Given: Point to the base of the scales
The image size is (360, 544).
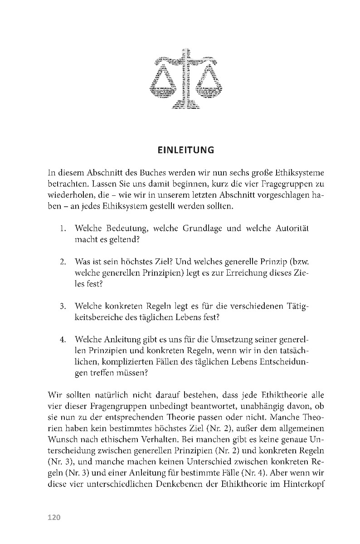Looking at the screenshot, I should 186,107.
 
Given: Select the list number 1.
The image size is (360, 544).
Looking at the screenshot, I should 64,228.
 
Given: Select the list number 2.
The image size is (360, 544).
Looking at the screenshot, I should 64,262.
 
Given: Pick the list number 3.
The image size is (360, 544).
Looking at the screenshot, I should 64,306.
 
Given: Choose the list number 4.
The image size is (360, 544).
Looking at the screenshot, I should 64,339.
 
